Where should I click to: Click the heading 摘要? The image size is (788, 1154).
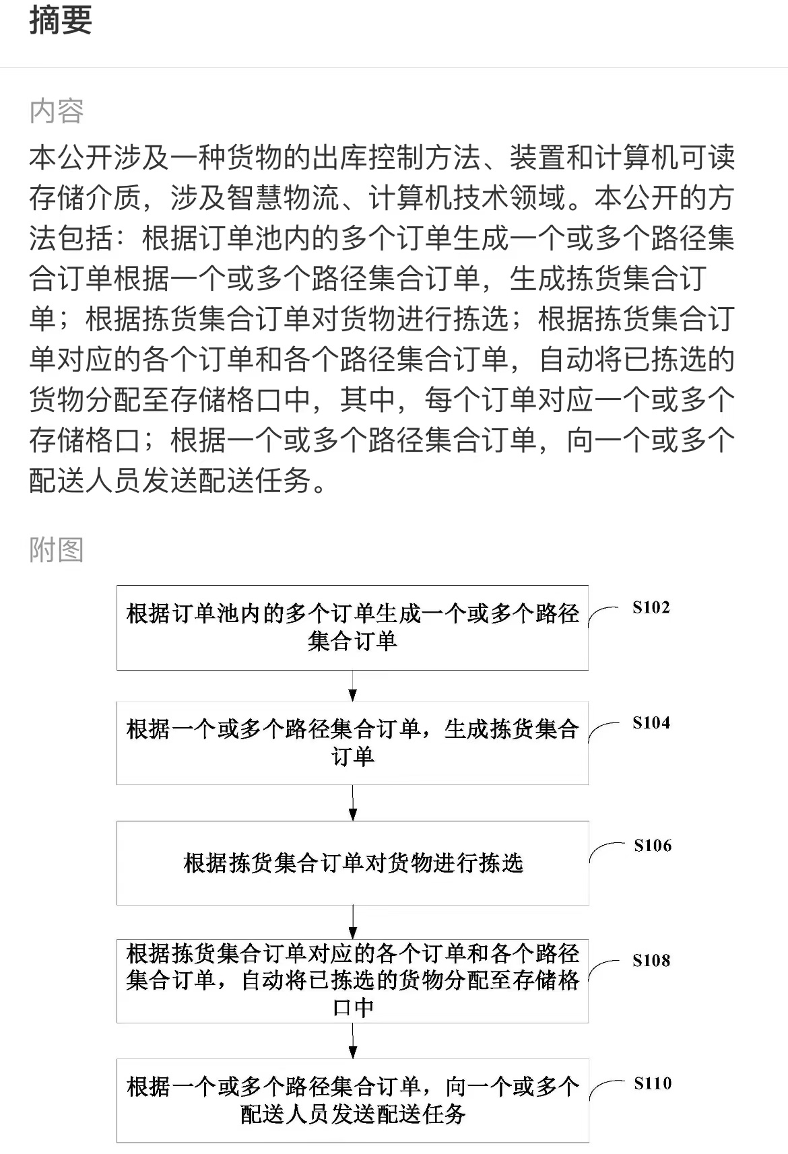point(61,21)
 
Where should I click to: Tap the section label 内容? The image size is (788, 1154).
point(57,111)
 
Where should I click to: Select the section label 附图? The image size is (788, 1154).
point(57,549)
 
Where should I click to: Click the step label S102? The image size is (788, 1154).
point(651,607)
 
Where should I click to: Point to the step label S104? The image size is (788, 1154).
point(651,723)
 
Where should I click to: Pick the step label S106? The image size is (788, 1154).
point(653,846)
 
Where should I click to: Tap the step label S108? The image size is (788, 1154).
point(651,960)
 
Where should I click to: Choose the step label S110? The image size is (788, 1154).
point(653,1083)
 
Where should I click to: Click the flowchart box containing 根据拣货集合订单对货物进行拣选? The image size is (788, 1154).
point(353,863)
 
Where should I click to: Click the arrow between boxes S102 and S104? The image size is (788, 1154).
point(352,685)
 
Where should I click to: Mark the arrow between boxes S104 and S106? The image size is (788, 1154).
point(352,803)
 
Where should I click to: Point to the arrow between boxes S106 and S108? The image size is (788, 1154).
point(352,922)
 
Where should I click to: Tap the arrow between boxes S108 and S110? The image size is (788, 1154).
point(352,1041)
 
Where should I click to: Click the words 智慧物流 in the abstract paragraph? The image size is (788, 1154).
point(282,198)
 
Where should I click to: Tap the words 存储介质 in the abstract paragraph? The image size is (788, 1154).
point(85,198)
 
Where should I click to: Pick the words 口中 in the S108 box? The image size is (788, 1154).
point(353,1008)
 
